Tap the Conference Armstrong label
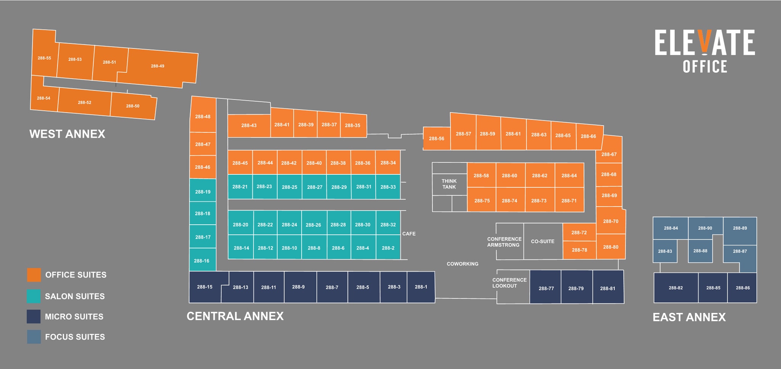pyautogui.click(x=504, y=242)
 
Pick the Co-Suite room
pyautogui.click(x=543, y=241)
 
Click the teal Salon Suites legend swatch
pyautogui.click(x=34, y=296)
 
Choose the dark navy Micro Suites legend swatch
pyautogui.click(x=34, y=317)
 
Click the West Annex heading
pyautogui.click(x=67, y=134)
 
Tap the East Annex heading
pyautogui.click(x=689, y=317)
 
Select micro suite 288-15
pyautogui.click(x=205, y=287)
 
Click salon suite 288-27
pyautogui.click(x=314, y=187)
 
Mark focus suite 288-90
pyautogui.click(x=705, y=228)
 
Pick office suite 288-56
pyautogui.click(x=437, y=139)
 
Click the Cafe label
pyautogui.click(x=409, y=234)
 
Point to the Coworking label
pyautogui.click(x=463, y=264)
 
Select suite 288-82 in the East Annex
pyautogui.click(x=676, y=288)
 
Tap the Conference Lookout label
pyautogui.click(x=509, y=283)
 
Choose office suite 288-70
pyautogui.click(x=611, y=221)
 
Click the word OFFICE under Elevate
pyautogui.click(x=705, y=66)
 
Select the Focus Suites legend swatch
pyautogui.click(x=34, y=337)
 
